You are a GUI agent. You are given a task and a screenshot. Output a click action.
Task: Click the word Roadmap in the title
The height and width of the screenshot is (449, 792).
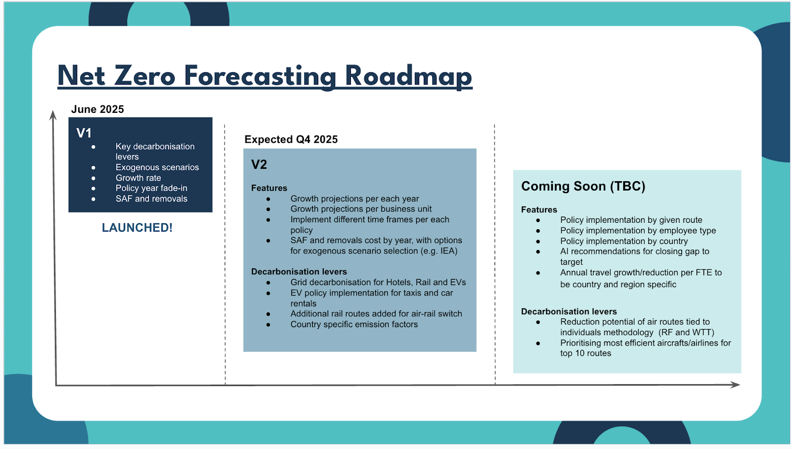point(408,77)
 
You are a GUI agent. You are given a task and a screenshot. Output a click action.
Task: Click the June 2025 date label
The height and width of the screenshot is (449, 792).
point(98,109)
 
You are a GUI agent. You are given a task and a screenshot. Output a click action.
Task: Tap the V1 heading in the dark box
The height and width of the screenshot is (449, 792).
point(84,133)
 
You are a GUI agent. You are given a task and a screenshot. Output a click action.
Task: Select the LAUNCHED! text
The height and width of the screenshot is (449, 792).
point(137,228)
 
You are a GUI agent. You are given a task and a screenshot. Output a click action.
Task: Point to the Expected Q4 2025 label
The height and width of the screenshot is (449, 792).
point(291,139)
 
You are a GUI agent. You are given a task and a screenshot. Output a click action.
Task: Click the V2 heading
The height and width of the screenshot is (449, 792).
point(259,164)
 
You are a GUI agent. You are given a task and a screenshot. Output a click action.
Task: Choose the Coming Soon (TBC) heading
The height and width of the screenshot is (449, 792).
point(584,186)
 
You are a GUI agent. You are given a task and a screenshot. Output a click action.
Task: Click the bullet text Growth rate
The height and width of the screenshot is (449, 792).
point(138,178)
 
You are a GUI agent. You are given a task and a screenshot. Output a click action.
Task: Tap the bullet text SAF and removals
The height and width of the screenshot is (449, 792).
point(151,199)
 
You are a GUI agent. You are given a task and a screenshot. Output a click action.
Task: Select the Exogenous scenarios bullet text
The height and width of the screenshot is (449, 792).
point(157,167)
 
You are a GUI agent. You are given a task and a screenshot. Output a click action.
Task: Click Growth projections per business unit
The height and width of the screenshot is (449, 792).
point(361,209)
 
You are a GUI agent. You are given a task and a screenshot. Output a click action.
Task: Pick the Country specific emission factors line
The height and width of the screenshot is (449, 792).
point(354,324)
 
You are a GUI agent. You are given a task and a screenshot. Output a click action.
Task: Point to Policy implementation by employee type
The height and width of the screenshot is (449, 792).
point(638,231)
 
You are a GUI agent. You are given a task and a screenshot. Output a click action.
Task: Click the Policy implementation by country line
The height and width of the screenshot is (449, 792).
point(624,241)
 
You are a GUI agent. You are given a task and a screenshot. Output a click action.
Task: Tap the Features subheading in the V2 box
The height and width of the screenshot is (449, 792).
point(269,188)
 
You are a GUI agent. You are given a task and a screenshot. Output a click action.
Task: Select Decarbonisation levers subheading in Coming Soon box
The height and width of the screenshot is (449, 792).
point(569,311)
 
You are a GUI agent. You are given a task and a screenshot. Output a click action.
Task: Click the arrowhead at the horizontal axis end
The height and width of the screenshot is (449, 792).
point(736,385)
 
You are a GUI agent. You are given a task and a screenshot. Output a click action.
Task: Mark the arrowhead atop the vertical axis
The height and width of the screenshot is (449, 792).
point(53,115)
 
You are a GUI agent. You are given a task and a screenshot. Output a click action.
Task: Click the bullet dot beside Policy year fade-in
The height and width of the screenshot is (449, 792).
point(94,189)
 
